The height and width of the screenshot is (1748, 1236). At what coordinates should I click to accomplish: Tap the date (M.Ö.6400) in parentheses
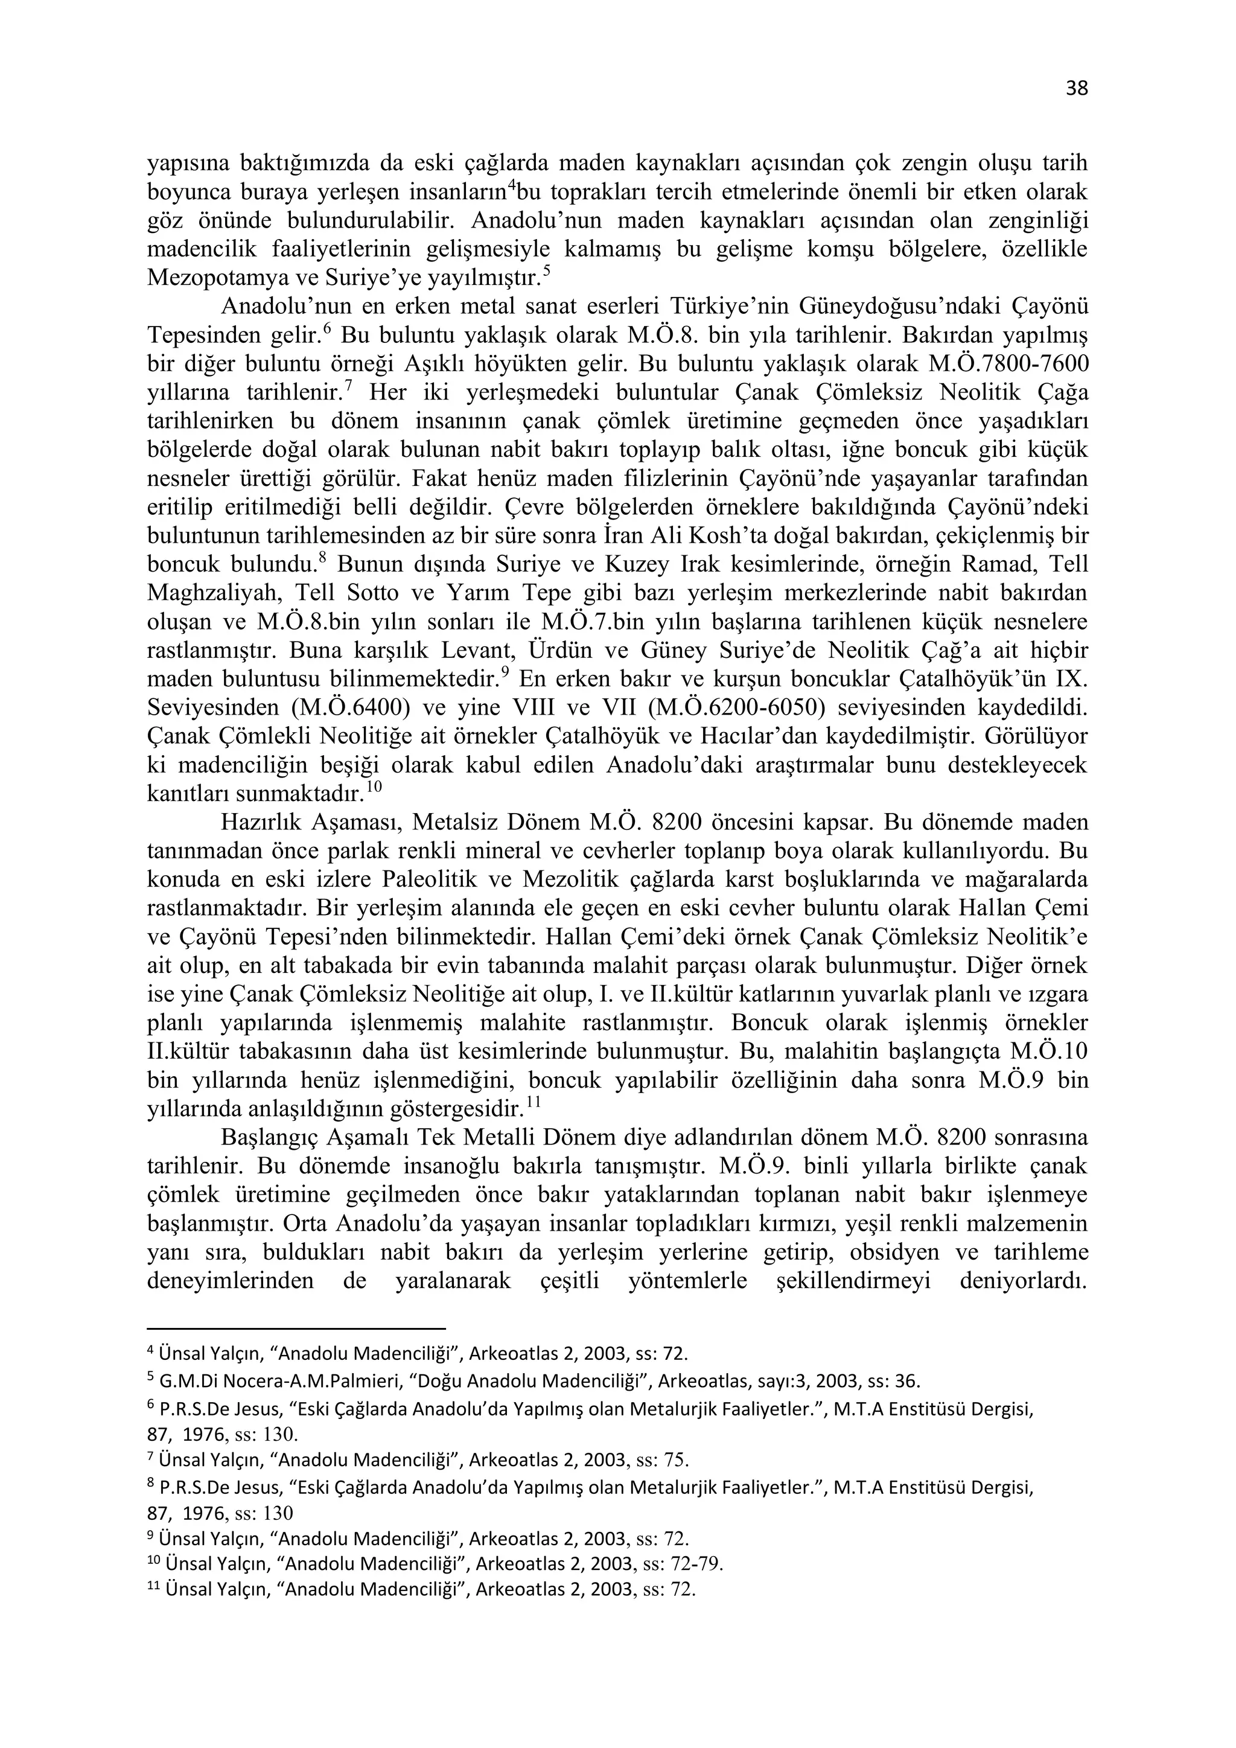[350, 707]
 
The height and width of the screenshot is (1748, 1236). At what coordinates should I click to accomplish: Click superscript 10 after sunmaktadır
[374, 787]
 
